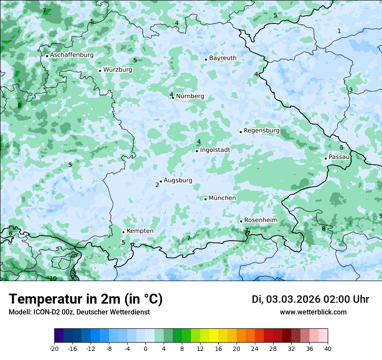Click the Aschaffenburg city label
(72, 55)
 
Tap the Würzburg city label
(118, 70)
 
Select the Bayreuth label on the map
(223, 58)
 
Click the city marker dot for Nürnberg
(173, 98)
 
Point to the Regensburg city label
(261, 131)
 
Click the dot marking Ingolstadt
(197, 151)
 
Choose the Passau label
(339, 157)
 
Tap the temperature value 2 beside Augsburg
(157, 185)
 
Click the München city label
(222, 198)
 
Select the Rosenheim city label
(260, 220)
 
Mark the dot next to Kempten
(123, 232)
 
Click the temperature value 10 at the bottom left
(53, 278)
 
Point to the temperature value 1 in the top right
(339, 31)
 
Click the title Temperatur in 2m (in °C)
(86, 299)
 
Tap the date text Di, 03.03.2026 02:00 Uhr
(310, 299)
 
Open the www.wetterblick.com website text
(313, 312)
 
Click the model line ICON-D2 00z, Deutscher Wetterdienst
(79, 312)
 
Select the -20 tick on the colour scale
(54, 349)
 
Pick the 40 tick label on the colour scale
(327, 349)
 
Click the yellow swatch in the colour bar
(214, 336)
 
